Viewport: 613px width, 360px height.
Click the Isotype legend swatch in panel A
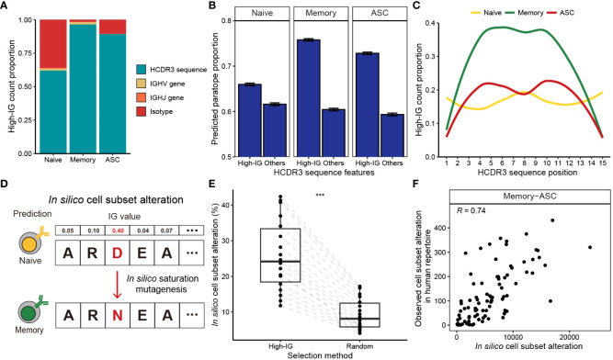[x=141, y=112]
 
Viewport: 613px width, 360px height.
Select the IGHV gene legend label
[x=167, y=84]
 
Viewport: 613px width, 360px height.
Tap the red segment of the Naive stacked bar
[x=53, y=44]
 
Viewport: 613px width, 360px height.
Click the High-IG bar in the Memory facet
[x=309, y=98]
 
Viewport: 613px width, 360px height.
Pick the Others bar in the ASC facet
[x=392, y=135]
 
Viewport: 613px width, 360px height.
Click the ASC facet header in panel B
[x=380, y=13]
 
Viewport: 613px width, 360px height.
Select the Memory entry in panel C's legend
[x=525, y=13]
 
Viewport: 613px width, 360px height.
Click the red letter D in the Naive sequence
[x=117, y=253]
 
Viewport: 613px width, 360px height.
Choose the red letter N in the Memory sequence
[x=117, y=315]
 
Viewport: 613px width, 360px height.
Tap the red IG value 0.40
[x=118, y=231]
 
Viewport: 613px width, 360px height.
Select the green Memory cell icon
[x=29, y=313]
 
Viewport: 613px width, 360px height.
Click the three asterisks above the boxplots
[x=320, y=196]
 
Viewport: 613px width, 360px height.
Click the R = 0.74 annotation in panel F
[x=471, y=211]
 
